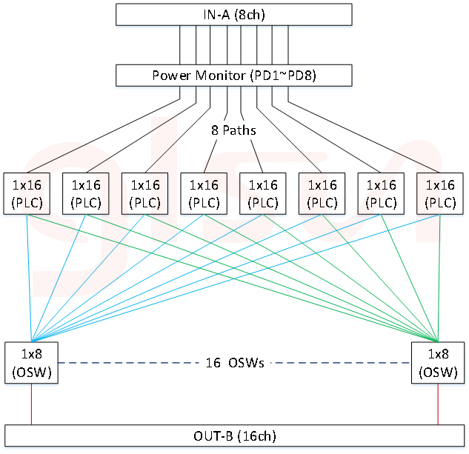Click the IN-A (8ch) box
[x=233, y=15]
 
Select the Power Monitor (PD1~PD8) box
[x=233, y=76]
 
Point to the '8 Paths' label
[x=233, y=130]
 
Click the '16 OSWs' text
[x=234, y=363]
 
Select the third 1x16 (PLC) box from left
[x=144, y=193]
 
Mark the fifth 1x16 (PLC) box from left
[x=262, y=193]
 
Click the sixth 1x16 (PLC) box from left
[x=322, y=193]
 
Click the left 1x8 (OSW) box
[x=31, y=363]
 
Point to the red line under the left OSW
[x=31, y=404]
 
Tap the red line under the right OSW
[x=438, y=404]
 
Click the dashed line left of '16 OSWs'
[x=126, y=363]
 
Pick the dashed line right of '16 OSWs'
[x=341, y=363]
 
